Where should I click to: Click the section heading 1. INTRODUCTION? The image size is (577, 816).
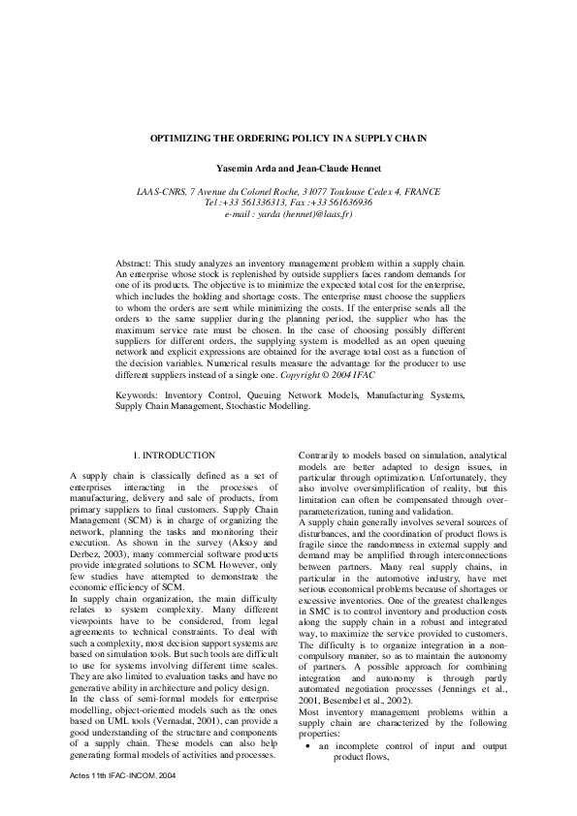pos(173,455)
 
